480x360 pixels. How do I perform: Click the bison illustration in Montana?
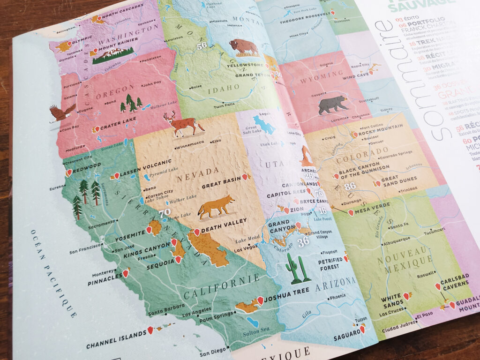(x=244, y=47)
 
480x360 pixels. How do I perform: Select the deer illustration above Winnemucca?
(x=183, y=125)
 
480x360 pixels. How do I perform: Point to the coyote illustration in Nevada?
(x=216, y=207)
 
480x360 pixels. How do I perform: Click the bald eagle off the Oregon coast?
(x=62, y=113)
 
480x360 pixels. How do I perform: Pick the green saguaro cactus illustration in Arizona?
(x=297, y=269)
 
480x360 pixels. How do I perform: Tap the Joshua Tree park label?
(x=286, y=291)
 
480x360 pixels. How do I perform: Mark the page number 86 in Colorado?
(x=350, y=186)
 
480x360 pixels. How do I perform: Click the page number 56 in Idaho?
(x=202, y=46)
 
